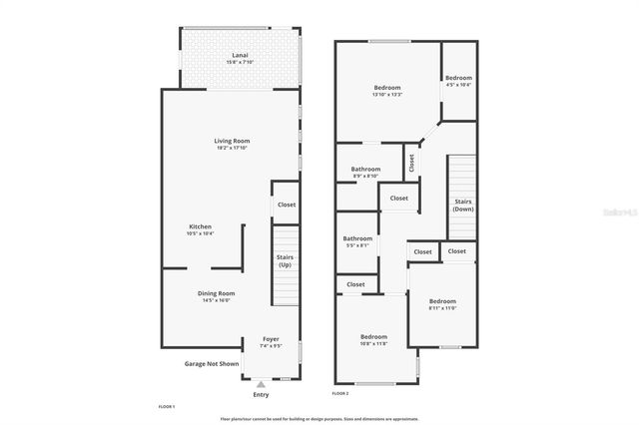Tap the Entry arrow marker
261,383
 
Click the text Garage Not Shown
212,364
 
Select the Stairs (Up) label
285,260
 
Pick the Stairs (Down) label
462,206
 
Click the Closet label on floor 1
287,205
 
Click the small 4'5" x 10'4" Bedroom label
458,79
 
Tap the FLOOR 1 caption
167,407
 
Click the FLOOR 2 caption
340,393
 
